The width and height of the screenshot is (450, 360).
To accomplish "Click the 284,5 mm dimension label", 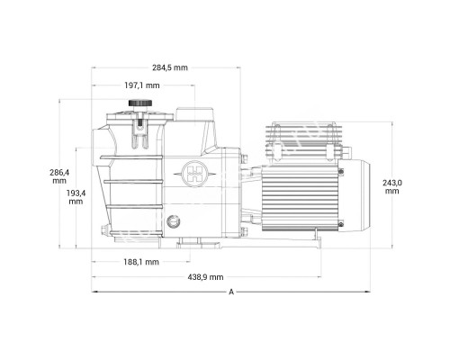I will coord(169,67).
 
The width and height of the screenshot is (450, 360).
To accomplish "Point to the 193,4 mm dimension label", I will coord(75,197).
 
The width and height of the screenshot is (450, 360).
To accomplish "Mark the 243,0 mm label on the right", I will coord(391,186).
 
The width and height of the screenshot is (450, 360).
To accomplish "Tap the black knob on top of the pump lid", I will coord(138,104).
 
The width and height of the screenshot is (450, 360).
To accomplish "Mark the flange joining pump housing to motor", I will coord(244,193).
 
